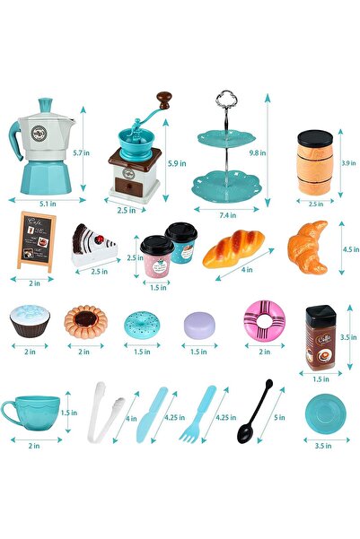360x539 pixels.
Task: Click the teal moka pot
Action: (x=42, y=143)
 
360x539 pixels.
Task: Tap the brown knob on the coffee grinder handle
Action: (x=163, y=97)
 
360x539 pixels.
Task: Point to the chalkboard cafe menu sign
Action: (x=37, y=238)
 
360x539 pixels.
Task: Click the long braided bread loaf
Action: (x=233, y=248)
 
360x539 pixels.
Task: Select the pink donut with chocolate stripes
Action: (x=264, y=321)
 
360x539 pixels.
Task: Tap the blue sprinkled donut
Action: (x=141, y=324)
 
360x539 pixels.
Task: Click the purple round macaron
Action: (x=199, y=323)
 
